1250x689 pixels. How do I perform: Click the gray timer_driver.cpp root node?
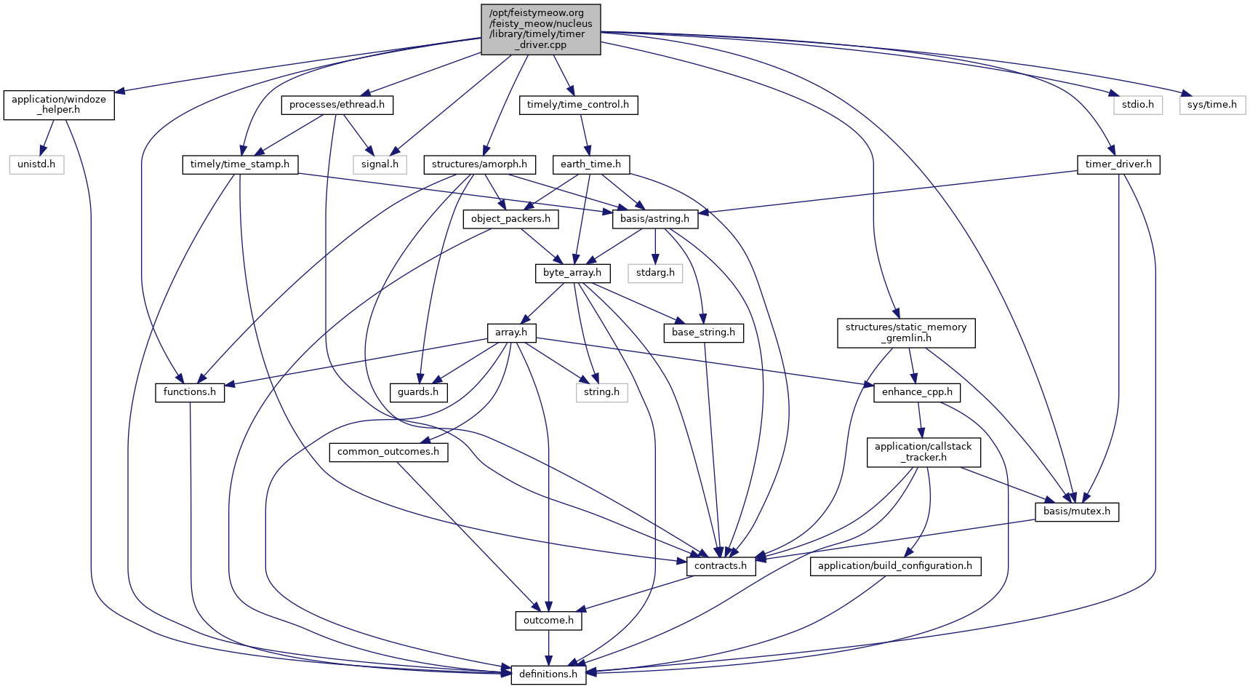(541, 29)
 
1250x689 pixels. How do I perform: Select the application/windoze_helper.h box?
(59, 105)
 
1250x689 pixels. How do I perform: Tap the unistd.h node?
(36, 164)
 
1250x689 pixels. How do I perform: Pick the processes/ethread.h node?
(337, 105)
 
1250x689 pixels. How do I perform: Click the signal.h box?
(380, 164)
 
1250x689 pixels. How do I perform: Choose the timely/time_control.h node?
(578, 105)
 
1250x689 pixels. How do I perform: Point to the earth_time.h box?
(590, 164)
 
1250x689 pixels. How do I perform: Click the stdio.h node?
(1138, 105)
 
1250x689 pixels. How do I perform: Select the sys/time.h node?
(1211, 105)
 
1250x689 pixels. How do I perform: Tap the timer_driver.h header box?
(1118, 164)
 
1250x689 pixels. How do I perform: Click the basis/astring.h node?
(654, 218)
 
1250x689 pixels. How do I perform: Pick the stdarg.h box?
(655, 273)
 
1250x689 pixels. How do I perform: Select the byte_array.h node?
(572, 273)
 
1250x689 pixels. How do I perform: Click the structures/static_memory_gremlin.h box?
(905, 332)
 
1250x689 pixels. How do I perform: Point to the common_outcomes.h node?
(388, 452)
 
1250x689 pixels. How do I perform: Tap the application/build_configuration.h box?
(894, 566)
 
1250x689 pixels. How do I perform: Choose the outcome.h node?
(548, 621)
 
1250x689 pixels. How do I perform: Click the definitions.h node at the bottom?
(548, 674)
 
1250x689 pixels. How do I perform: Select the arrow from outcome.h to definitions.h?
(548, 648)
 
